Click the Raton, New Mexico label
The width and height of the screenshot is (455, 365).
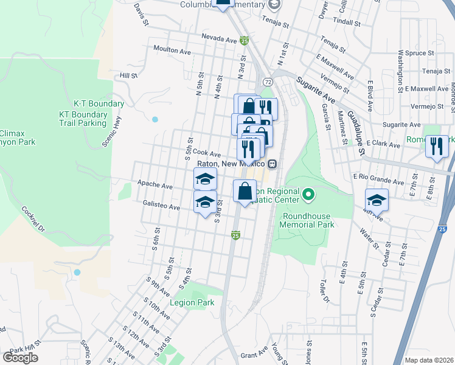pos(231,164)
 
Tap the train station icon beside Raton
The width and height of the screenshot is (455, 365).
pos(272,164)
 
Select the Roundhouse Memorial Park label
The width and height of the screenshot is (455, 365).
pos(307,220)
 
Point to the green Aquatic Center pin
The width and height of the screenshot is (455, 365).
pos(308,195)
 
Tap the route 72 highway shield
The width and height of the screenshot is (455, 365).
pos(268,82)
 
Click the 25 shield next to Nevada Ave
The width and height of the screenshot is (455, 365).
pos(244,41)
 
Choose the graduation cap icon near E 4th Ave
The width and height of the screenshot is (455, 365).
pos(377,200)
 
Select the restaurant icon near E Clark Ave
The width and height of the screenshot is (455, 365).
pos(437,147)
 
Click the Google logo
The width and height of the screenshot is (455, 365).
pos(20,358)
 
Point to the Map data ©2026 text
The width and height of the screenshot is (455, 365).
pos(429,360)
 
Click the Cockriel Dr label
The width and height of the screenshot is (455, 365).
pos(34,219)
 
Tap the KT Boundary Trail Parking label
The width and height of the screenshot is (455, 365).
pos(83,119)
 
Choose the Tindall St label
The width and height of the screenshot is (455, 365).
pos(347,21)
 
